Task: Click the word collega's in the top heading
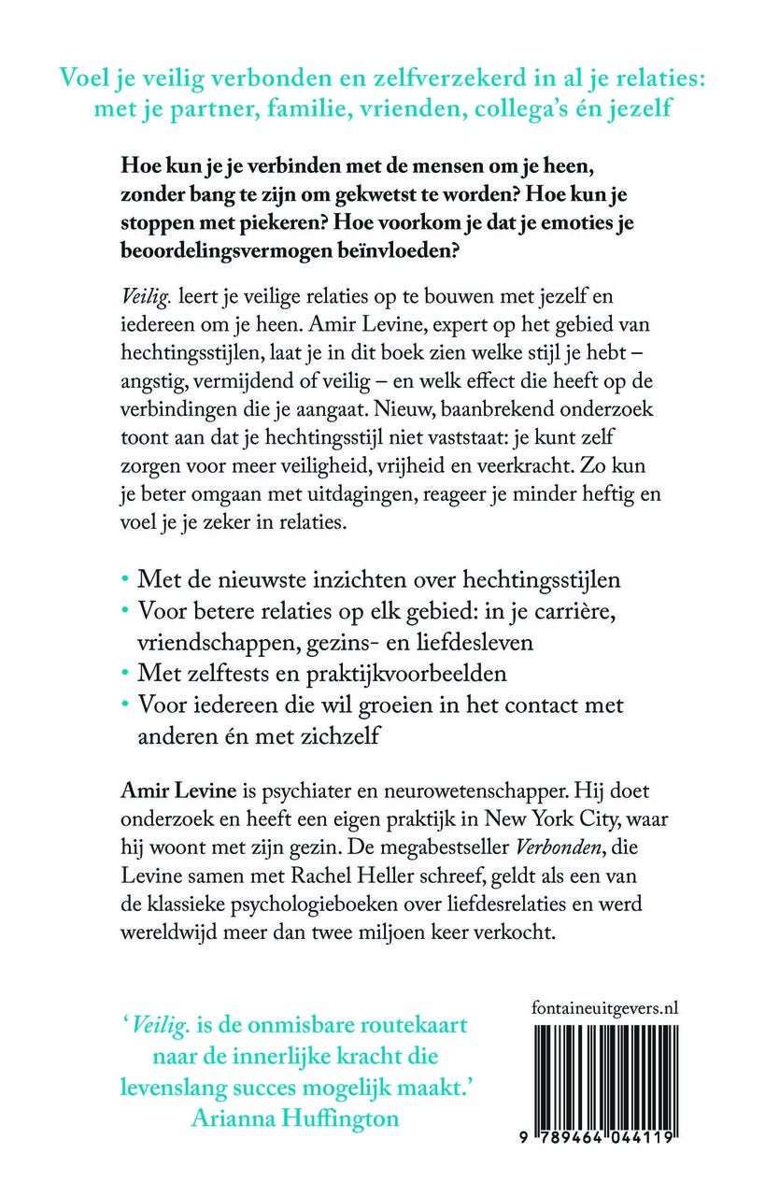(x=503, y=108)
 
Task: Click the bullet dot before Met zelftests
(x=127, y=672)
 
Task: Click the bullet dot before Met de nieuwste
(x=127, y=580)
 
